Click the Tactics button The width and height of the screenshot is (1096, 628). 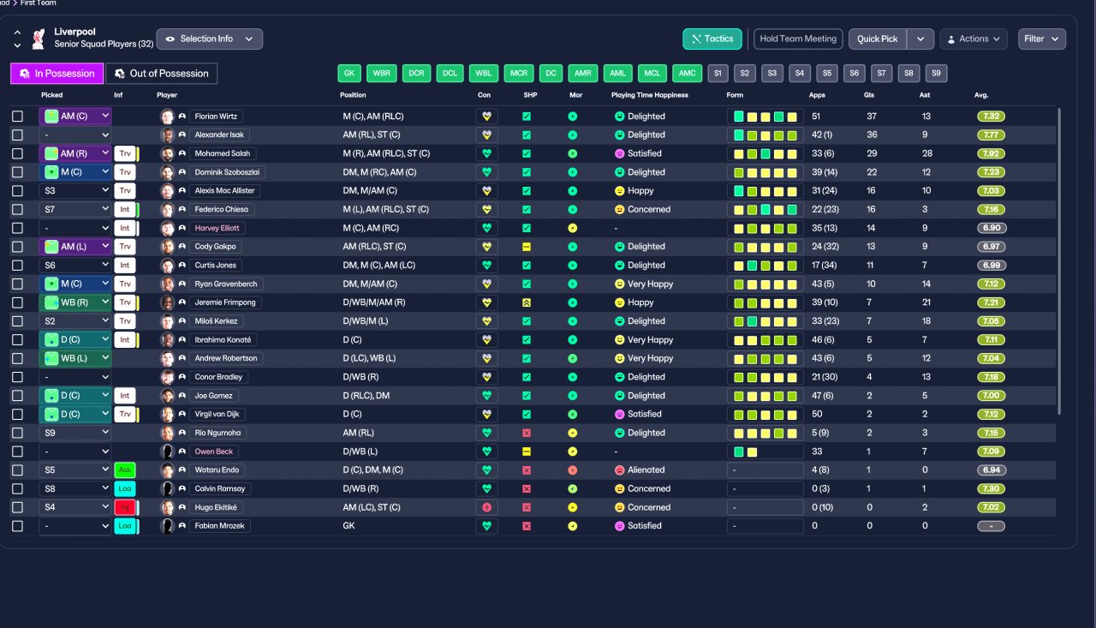[712, 39]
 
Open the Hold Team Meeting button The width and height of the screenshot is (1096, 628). [797, 39]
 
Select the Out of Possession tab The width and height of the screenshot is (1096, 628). [162, 74]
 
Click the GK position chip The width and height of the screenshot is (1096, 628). [348, 74]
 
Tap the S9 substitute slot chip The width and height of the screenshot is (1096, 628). [936, 74]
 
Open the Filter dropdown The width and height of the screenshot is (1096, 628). [1042, 39]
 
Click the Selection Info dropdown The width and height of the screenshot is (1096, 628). [210, 39]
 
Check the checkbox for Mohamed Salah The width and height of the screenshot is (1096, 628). [18, 153]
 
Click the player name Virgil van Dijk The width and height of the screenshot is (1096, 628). [217, 414]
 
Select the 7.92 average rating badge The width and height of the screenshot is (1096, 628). [991, 153]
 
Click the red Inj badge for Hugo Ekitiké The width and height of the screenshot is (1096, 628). [125, 507]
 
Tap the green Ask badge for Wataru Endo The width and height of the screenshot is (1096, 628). [125, 470]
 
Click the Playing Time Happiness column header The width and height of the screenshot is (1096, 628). [649, 95]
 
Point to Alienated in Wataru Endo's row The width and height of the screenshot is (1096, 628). [646, 470]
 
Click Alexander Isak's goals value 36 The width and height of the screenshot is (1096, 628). [872, 135]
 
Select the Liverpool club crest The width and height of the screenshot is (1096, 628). [39, 39]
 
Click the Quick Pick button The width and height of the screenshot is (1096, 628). [878, 39]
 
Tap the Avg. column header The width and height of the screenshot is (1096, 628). [981, 95]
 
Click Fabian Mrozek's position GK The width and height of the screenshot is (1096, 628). [348, 526]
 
